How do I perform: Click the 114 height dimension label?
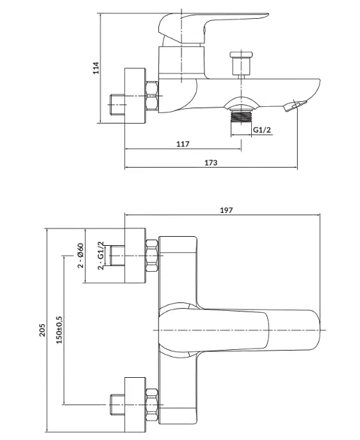point(96,68)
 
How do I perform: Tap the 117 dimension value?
point(183,144)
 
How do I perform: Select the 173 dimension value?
point(211,163)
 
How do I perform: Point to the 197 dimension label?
point(226,210)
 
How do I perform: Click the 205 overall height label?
point(42,330)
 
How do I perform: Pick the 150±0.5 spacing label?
point(59,330)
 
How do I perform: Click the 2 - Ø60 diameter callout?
point(80,256)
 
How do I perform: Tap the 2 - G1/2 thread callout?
point(100,256)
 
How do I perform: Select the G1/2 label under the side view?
point(262,130)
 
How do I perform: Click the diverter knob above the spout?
point(241,64)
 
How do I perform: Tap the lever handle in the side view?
point(213,28)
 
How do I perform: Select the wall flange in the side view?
point(135,96)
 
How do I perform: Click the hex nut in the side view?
point(151,96)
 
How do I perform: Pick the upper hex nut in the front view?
point(151,256)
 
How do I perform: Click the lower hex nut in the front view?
point(151,404)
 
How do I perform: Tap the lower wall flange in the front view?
point(135,404)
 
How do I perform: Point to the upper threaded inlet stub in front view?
point(117,256)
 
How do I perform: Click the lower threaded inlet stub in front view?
point(117,404)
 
